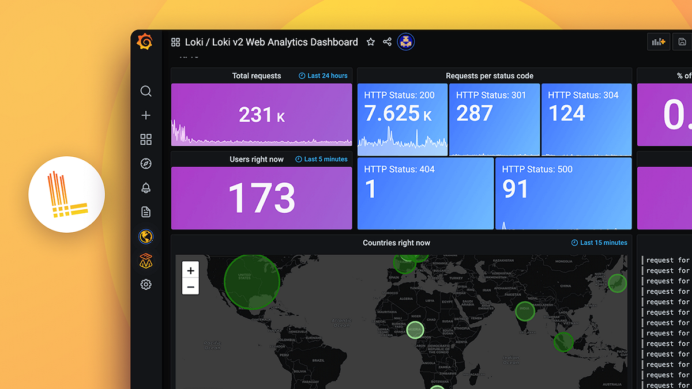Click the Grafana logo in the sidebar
coord(145,42)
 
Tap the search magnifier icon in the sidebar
coord(146,91)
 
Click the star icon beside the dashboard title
coord(371,42)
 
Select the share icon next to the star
coord(388,42)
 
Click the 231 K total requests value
coord(262,115)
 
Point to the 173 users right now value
coord(262,198)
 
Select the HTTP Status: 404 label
coord(399,169)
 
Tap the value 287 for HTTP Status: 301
coord(474,114)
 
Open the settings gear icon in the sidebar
coord(146,284)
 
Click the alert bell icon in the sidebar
coord(146,188)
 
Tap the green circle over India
coord(525,311)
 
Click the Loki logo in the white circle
coord(67,194)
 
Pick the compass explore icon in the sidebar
coord(146,164)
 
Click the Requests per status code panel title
coord(489,75)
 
